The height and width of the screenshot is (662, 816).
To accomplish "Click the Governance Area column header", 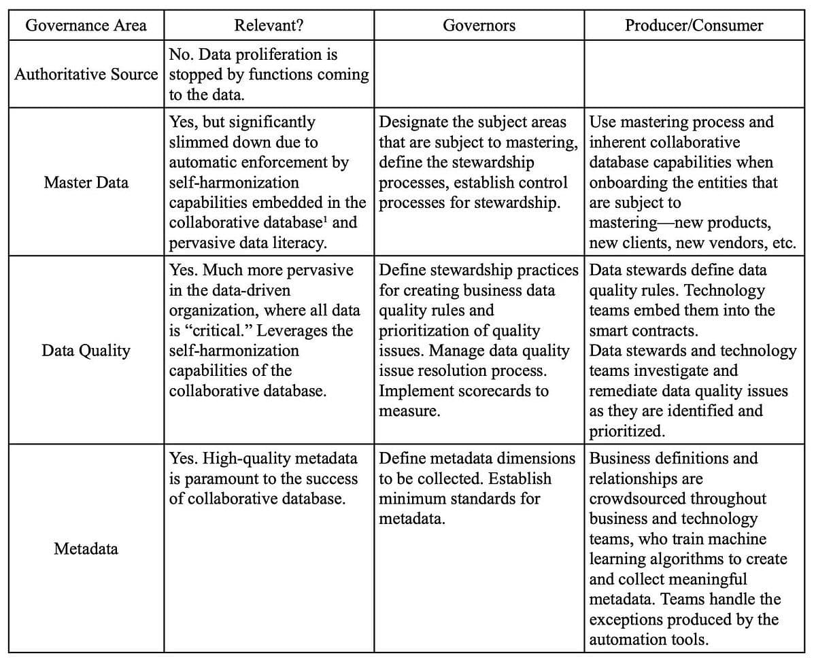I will click(86, 26).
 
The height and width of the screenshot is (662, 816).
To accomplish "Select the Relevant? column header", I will click(269, 26).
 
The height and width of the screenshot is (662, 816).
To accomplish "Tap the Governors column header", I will click(479, 26).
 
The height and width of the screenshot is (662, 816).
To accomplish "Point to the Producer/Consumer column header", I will click(694, 26).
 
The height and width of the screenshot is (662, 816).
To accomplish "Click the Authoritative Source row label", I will click(86, 74).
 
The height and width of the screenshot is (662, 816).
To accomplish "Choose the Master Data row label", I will click(86, 182).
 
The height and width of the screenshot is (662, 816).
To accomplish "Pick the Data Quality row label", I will click(86, 351).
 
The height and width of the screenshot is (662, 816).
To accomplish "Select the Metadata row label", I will click(86, 548).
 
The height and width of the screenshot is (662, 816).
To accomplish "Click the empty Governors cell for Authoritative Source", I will click(479, 74).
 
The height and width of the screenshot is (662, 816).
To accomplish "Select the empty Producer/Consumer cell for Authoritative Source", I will click(694, 74).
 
